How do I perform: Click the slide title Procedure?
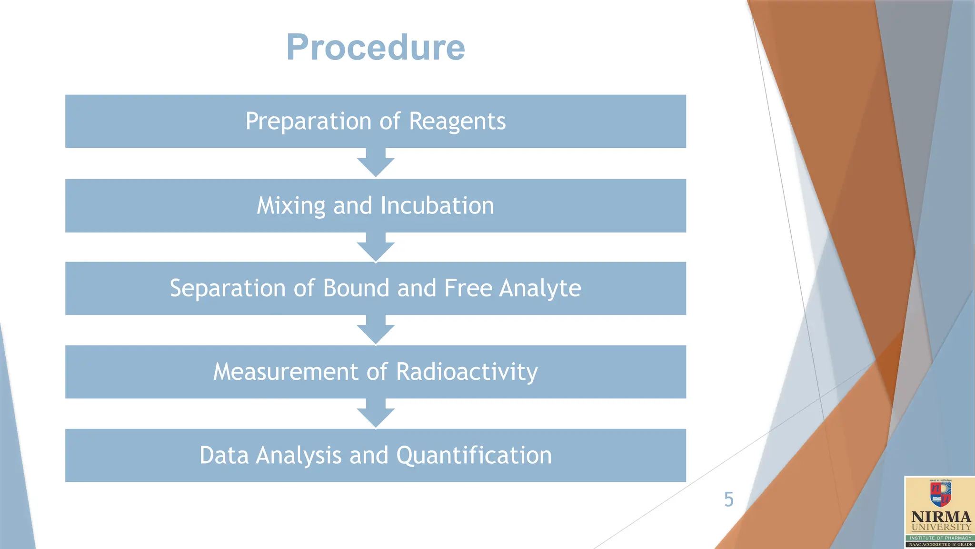coord(375,48)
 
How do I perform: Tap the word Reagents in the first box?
coord(457,122)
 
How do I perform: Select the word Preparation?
coord(308,122)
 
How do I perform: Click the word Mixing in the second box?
coord(290,206)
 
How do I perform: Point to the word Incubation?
coord(437,206)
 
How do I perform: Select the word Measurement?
coord(285,372)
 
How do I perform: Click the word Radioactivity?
coord(467,372)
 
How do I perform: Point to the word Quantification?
coord(474,455)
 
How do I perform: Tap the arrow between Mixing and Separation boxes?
coord(376,247)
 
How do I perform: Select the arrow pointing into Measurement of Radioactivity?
coord(376,330)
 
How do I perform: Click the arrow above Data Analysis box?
coord(376,414)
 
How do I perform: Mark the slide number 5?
coord(728,499)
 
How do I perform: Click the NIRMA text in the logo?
coord(941,517)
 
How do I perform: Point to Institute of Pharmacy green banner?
coord(941,538)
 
